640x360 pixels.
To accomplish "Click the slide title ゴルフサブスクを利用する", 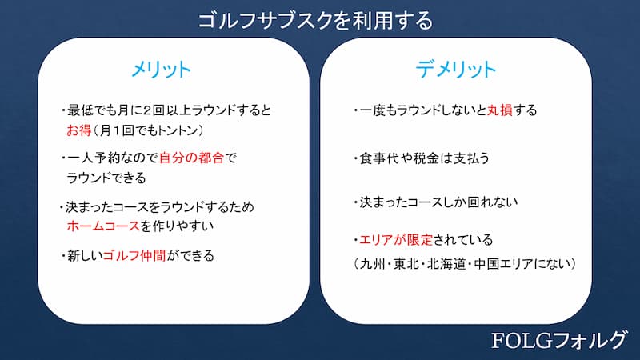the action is tap(315, 21).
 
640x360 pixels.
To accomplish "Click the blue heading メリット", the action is tap(162, 70).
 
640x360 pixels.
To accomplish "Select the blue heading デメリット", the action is tap(455, 69).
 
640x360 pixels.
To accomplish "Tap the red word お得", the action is tap(78, 130).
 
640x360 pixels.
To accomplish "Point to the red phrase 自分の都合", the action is tap(191, 158).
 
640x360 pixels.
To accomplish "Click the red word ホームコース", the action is tap(104, 226).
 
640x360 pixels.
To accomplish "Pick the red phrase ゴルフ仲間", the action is tap(134, 255).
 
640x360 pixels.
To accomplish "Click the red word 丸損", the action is tap(499, 110).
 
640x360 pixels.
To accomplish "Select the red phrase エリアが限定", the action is tap(395, 239).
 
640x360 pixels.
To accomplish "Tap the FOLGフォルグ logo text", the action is tap(558, 340).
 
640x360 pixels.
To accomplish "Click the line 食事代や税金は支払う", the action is tap(424, 158).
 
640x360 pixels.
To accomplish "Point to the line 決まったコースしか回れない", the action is tap(438, 202).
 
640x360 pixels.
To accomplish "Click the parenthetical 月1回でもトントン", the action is tap(147, 130).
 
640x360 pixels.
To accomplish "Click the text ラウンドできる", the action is tap(106, 178).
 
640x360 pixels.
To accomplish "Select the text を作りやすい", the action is tap(177, 226).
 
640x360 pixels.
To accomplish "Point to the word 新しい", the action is tap(85, 255).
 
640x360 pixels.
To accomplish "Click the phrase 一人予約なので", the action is tap(113, 158).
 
